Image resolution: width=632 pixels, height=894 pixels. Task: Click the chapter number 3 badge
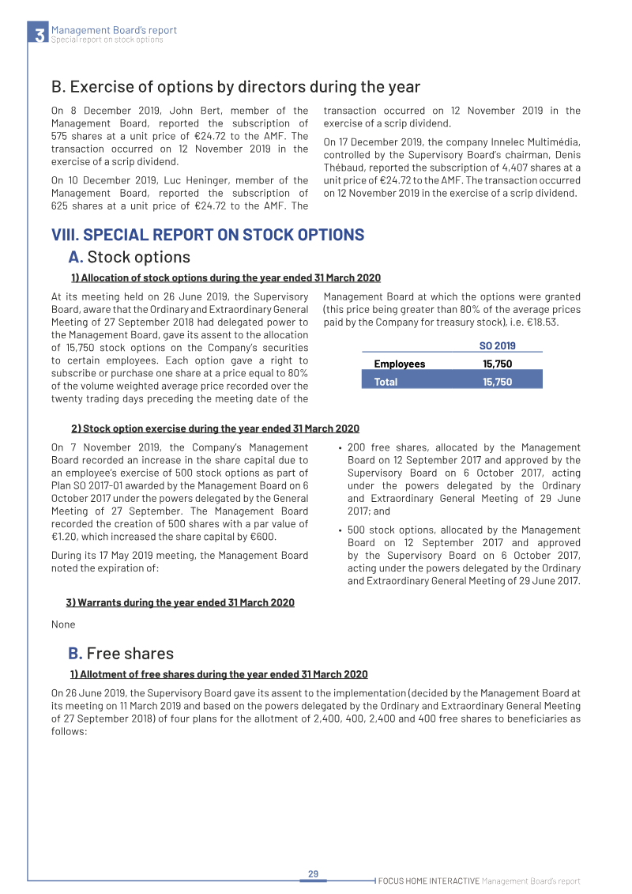pyautogui.click(x=38, y=34)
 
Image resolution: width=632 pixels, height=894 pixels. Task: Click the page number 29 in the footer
pyautogui.click(x=313, y=873)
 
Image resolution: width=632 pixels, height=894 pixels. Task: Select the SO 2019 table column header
pyautogui.click(x=497, y=345)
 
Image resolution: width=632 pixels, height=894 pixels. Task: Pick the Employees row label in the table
pyautogui.click(x=399, y=364)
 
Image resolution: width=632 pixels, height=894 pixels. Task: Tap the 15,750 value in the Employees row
pyautogui.click(x=497, y=364)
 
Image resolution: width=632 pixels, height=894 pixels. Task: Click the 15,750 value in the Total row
pyautogui.click(x=497, y=382)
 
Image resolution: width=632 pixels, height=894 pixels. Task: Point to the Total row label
pyautogui.click(x=386, y=382)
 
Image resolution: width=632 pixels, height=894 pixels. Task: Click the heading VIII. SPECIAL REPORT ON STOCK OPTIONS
pyautogui.click(x=208, y=235)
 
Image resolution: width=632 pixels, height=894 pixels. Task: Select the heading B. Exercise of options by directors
pyautogui.click(x=235, y=87)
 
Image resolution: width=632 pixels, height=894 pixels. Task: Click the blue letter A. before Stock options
pyautogui.click(x=76, y=257)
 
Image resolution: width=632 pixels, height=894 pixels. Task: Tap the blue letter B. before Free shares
pyautogui.click(x=76, y=653)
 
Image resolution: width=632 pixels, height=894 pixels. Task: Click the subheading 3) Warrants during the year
pyautogui.click(x=180, y=602)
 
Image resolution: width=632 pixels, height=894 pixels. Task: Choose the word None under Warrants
pyautogui.click(x=63, y=624)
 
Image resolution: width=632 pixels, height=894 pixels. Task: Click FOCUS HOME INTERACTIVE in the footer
pyautogui.click(x=428, y=881)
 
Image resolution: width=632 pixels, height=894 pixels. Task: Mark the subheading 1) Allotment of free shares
pyautogui.click(x=219, y=674)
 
